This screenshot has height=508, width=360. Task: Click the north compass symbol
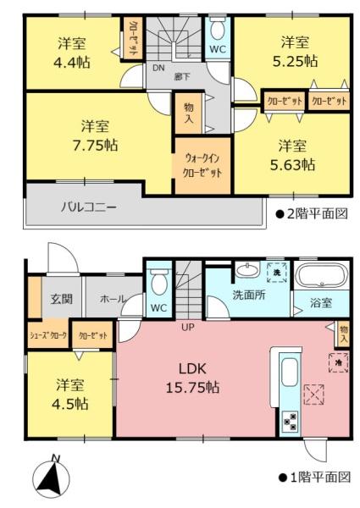coord(53,476)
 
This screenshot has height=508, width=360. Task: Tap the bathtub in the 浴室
coord(323,276)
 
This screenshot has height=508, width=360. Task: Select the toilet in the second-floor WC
coord(218,30)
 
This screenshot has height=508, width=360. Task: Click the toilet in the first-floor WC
coord(158,282)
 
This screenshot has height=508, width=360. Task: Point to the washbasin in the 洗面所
coord(247,270)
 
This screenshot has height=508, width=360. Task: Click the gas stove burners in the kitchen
coord(291,421)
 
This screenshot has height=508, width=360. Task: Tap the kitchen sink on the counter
coord(290,373)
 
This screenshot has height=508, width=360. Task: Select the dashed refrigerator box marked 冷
coord(339,362)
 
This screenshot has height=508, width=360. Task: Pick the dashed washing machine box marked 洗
coord(277,273)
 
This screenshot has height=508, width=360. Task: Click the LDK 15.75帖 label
coord(192,378)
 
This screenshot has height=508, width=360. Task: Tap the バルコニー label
coord(89,207)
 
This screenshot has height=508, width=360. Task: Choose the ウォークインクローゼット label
coord(202,165)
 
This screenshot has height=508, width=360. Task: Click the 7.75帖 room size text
coord(95,145)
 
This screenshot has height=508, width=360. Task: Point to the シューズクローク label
coord(48,335)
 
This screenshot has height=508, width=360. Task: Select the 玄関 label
coord(62,298)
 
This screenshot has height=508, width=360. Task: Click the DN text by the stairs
coord(158,68)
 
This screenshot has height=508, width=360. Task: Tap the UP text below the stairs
coord(188,327)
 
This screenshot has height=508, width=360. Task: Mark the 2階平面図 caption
coord(312,213)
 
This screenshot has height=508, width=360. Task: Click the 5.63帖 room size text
coord(292,164)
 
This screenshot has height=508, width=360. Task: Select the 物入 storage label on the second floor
coord(189,113)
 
